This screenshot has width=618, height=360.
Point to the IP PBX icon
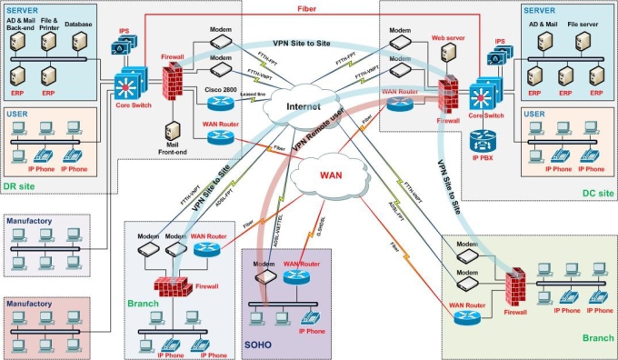pyautogui.click(x=482, y=142)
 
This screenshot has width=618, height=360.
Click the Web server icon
pyautogui.click(x=447, y=53)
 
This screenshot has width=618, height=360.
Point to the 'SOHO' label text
pyautogui.click(x=258, y=345)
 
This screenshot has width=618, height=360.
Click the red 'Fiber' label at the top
pyautogui.click(x=308, y=8)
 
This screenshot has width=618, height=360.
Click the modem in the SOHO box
pyautogui.click(x=263, y=277)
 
